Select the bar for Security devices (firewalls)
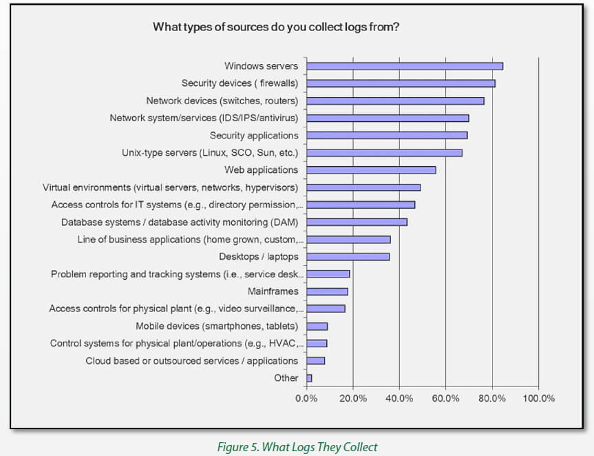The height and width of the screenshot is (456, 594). (401, 83)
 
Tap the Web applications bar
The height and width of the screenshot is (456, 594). (371, 169)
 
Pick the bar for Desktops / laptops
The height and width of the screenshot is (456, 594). (348, 256)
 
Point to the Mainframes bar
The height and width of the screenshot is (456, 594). (327, 291)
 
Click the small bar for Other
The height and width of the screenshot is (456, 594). (309, 377)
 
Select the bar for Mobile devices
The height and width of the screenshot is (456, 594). (317, 326)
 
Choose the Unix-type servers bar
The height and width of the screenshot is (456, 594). (384, 152)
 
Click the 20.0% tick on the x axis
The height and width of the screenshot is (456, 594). (352, 398)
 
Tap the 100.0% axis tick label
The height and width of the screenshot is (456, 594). (538, 398)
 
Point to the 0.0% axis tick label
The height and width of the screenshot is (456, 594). (306, 398)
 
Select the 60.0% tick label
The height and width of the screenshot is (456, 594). (445, 398)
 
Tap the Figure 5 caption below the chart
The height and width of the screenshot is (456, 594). (297, 447)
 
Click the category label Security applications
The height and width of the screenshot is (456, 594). (254, 135)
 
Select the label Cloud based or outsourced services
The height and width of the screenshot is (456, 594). (191, 360)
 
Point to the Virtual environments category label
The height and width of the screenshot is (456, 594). (170, 187)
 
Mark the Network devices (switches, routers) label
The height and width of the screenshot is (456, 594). (222, 101)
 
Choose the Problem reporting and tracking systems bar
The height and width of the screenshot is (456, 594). (328, 273)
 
